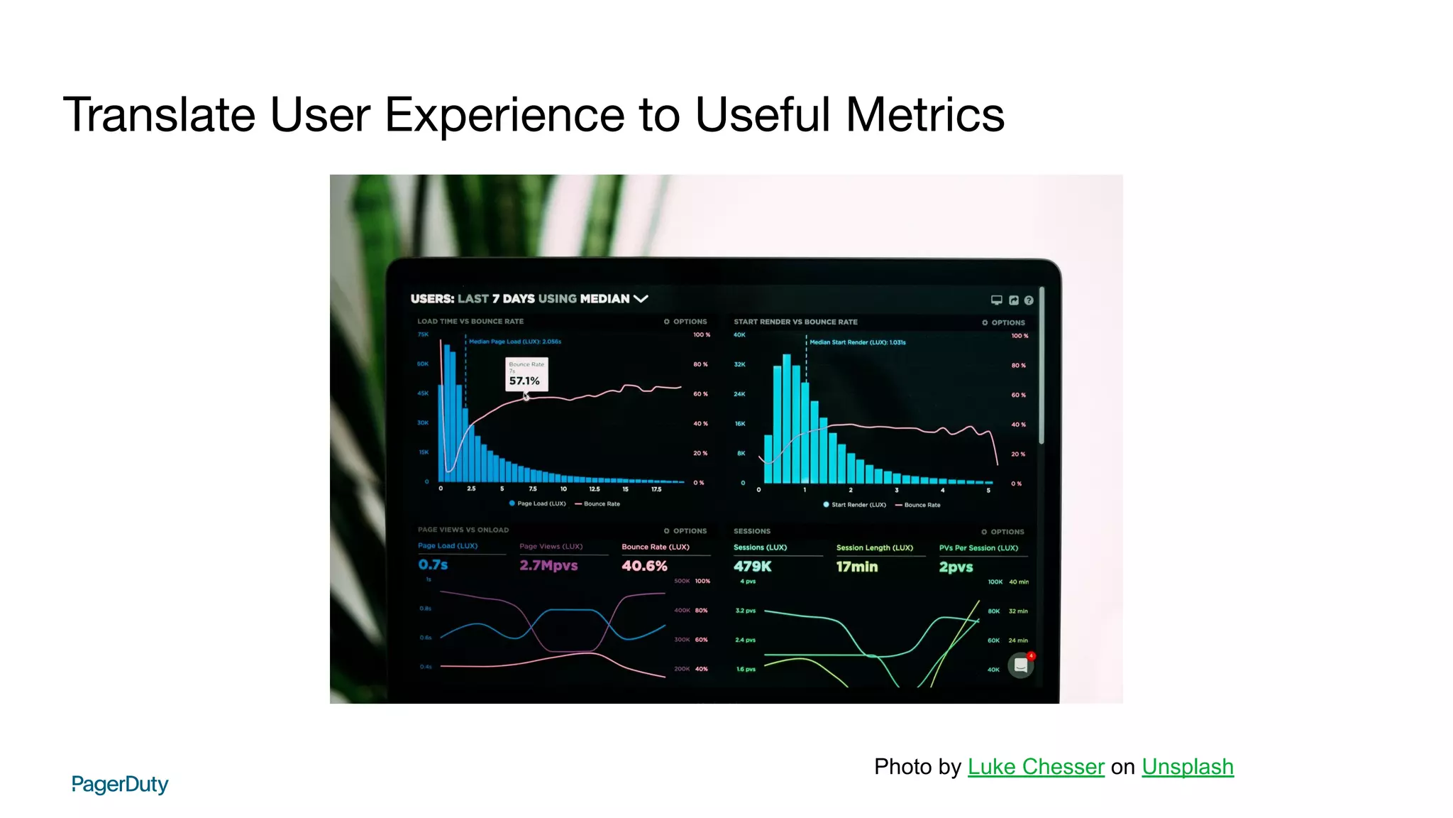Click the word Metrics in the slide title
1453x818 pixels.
[x=924, y=115]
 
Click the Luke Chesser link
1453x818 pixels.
[x=1035, y=767]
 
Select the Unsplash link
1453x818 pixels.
[x=1187, y=767]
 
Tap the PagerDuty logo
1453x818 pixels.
[x=120, y=784]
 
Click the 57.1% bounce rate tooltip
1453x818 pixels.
[x=526, y=374]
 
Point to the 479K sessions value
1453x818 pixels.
[x=752, y=567]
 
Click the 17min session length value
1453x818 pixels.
[x=856, y=567]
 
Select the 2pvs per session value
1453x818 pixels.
[x=956, y=567]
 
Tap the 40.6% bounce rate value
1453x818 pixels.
[x=644, y=566]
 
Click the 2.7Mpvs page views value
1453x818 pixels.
[x=548, y=565]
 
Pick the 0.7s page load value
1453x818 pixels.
[x=433, y=565]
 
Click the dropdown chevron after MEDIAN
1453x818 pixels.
[x=641, y=299]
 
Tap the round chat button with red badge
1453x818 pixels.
[x=1020, y=665]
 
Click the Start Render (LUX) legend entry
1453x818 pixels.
[x=854, y=505]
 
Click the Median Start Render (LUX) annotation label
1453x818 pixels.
[x=857, y=342]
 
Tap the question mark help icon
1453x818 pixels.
[x=1029, y=300]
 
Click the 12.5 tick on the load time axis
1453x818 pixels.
[x=595, y=489]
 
